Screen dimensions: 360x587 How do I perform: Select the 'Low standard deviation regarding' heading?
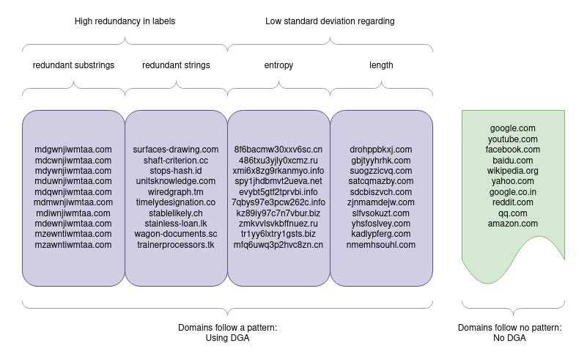(x=330, y=21)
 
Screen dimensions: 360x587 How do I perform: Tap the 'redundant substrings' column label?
(x=73, y=65)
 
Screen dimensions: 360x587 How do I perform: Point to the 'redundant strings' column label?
(x=176, y=65)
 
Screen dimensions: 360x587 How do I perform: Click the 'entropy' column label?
(x=278, y=65)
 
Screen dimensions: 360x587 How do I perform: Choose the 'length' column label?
(x=381, y=65)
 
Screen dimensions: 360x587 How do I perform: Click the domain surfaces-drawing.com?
(x=176, y=150)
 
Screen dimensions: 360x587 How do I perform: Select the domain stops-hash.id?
(x=176, y=171)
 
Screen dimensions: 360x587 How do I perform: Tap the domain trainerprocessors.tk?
(x=176, y=245)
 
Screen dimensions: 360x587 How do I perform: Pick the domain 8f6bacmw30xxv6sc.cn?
(x=278, y=150)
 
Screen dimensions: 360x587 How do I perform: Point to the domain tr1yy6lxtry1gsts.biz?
(x=278, y=234)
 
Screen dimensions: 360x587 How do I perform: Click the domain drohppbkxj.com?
(x=381, y=150)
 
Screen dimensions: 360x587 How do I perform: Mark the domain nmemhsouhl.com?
(x=381, y=245)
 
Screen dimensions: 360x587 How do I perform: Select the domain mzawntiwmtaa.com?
(x=73, y=245)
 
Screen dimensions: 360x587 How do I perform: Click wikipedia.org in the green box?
(x=513, y=171)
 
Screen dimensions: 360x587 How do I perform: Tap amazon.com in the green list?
(x=513, y=224)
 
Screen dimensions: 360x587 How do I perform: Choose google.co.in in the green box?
(x=513, y=192)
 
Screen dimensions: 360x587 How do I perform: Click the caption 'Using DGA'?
(x=227, y=338)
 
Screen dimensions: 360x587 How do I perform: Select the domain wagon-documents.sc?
(x=176, y=234)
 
